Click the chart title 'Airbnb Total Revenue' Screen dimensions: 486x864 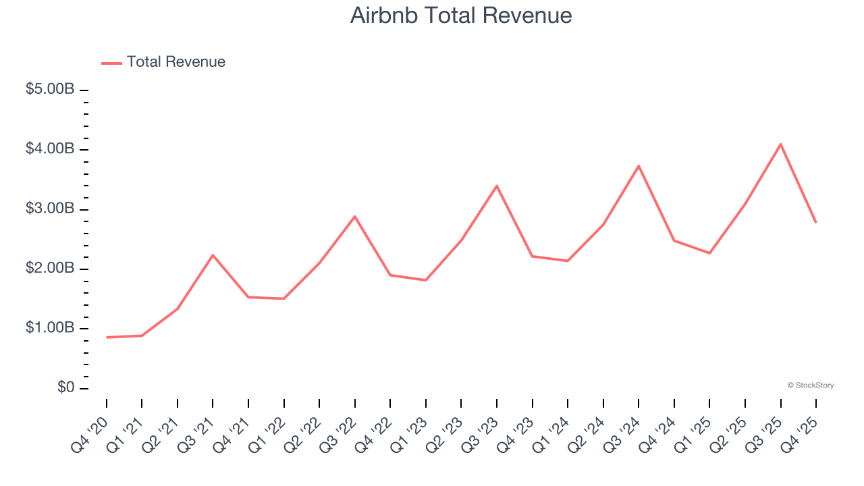461,16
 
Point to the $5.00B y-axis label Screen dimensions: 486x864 50,89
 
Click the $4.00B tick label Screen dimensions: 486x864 50,148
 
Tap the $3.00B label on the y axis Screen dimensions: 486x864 50,209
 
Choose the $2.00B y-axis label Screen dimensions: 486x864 50,268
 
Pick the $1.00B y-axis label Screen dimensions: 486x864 50,328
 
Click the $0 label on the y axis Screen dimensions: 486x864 65,388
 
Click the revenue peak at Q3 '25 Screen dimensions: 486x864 780,144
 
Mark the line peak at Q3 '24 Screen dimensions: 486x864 639,165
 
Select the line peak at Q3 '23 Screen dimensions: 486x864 497,186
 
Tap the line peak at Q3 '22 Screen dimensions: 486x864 355,216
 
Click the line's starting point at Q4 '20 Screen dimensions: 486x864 107,337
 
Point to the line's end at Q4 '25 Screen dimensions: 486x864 816,223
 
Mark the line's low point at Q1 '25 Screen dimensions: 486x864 709,253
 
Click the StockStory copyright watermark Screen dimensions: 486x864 810,385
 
